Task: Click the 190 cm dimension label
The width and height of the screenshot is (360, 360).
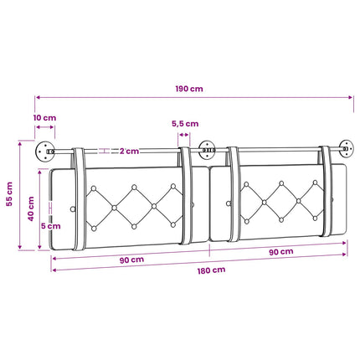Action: coord(189,89)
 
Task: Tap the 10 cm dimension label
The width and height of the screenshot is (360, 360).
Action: coord(44,118)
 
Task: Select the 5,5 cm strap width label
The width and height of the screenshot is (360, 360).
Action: coord(185,124)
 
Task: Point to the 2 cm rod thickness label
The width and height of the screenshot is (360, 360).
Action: coord(129,152)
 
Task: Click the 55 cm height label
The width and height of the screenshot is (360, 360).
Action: coord(10,194)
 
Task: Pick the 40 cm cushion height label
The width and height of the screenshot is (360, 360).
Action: coord(31,208)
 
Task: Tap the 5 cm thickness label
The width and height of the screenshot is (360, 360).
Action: coord(51,226)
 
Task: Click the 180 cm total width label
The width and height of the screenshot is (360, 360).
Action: coord(211,270)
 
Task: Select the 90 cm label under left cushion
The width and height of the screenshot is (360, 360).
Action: coord(131,260)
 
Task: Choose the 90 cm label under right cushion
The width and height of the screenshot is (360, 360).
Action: coord(281,252)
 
